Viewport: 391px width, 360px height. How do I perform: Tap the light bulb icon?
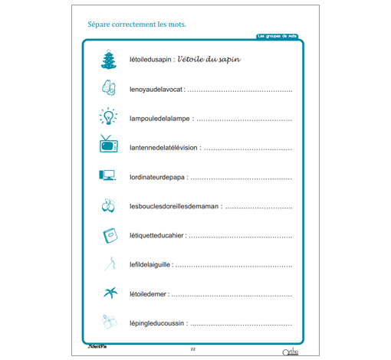coord(108,117)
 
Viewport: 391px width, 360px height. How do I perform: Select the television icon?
coord(107,145)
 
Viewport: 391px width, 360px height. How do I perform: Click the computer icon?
coord(107,175)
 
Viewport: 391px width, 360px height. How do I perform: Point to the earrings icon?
coord(107,205)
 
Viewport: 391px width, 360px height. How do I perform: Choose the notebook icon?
coord(107,234)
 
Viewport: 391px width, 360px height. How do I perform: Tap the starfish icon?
coord(108,293)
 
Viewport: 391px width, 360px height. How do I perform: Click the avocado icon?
coord(107,88)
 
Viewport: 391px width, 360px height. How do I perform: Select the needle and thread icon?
coord(108,264)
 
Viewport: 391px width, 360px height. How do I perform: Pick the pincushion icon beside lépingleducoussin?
coord(108,322)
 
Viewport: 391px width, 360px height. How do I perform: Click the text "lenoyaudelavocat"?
coord(157,90)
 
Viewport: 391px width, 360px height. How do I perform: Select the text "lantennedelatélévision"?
coord(163,149)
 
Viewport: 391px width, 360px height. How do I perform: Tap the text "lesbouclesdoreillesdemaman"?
coord(174,207)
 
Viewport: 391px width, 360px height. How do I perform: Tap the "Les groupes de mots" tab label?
coord(278,36)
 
